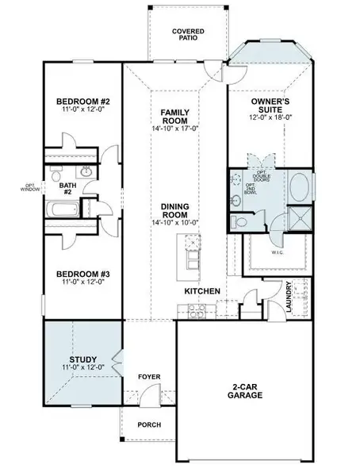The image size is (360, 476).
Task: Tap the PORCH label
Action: pyautogui.click(x=148, y=424)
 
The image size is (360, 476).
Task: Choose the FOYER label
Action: pyautogui.click(x=149, y=377)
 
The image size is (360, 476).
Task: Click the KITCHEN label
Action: pyautogui.click(x=201, y=291)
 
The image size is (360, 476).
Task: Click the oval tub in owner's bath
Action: pyautogui.click(x=299, y=187)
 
